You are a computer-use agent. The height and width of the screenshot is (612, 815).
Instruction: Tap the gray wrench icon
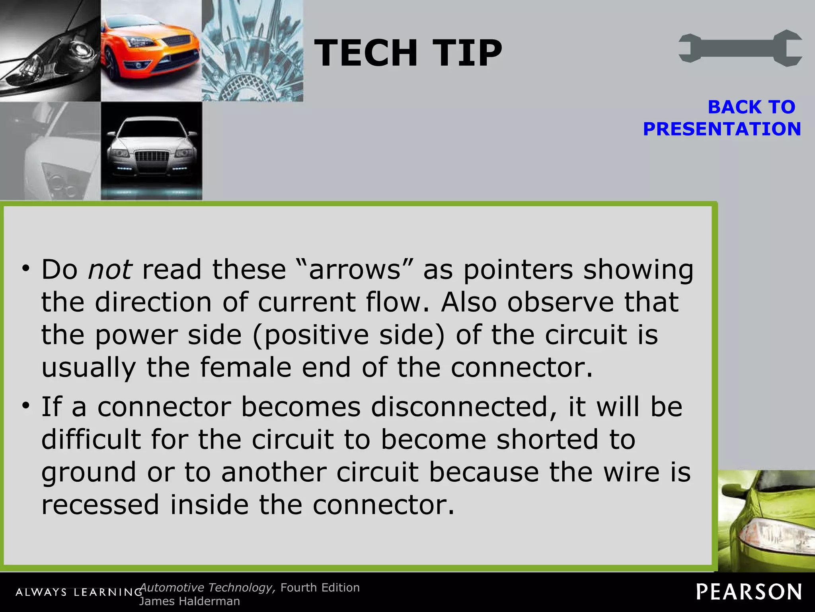740,48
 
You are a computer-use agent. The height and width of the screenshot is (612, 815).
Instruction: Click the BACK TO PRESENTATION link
722,118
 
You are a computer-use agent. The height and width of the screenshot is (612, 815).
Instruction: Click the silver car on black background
151,151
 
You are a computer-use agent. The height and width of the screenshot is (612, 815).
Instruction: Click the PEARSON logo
749,592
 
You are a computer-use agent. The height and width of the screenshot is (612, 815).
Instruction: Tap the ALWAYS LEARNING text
79,592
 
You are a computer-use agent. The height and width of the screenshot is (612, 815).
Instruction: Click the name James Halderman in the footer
189,601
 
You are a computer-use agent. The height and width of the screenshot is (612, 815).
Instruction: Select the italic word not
110,269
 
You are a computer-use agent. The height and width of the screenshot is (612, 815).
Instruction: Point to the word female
246,367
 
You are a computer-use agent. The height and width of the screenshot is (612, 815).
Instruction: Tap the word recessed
100,504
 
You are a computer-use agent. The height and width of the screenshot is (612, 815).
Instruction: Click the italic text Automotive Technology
207,588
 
